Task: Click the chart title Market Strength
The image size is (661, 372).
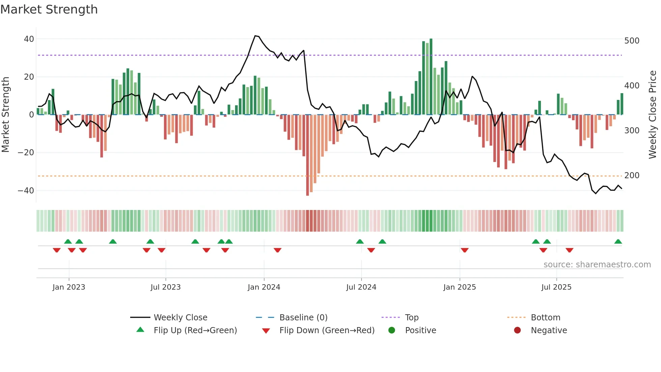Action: (49, 9)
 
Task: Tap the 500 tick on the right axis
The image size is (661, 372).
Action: (631, 41)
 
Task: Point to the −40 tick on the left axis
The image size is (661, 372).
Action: (26, 191)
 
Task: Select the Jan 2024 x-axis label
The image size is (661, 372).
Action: (264, 287)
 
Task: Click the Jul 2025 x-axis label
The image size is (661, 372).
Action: (556, 287)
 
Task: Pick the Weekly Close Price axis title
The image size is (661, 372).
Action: (653, 115)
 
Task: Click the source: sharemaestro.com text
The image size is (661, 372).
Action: (597, 265)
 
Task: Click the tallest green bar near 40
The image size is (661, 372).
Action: (431, 76)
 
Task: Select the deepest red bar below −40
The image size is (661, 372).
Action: (307, 155)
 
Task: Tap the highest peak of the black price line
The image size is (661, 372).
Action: (255, 36)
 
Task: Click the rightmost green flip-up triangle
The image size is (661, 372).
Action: (618, 242)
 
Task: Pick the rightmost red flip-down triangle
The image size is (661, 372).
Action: (569, 250)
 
